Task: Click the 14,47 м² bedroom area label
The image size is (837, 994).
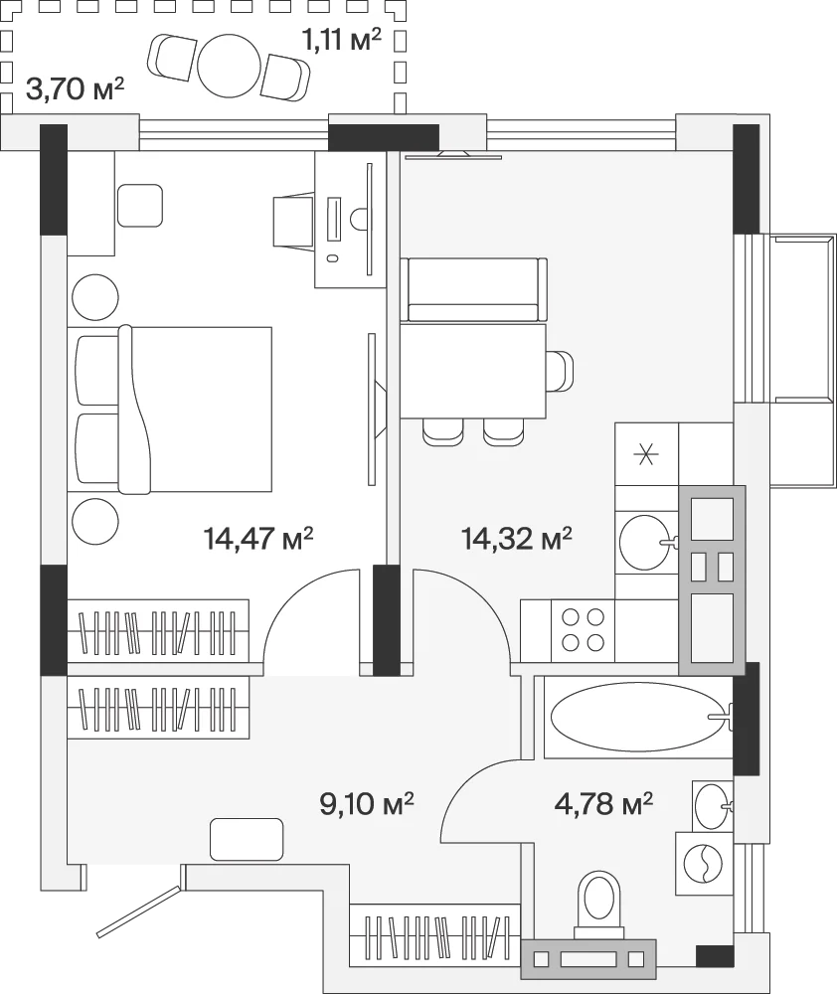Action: click(258, 539)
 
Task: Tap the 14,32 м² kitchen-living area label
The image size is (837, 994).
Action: click(517, 539)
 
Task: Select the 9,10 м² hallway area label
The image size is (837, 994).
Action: click(367, 803)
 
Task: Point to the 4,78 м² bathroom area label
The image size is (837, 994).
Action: click(603, 803)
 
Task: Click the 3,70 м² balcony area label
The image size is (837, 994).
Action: click(75, 89)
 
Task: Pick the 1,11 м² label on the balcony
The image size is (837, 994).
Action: click(341, 41)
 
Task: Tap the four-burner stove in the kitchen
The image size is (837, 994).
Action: click(583, 631)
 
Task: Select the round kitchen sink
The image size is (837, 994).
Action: click(643, 542)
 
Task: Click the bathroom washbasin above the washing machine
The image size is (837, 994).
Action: click(713, 806)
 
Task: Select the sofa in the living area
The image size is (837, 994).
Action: click(473, 289)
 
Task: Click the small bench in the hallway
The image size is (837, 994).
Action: click(246, 839)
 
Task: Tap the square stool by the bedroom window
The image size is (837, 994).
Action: click(140, 206)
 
